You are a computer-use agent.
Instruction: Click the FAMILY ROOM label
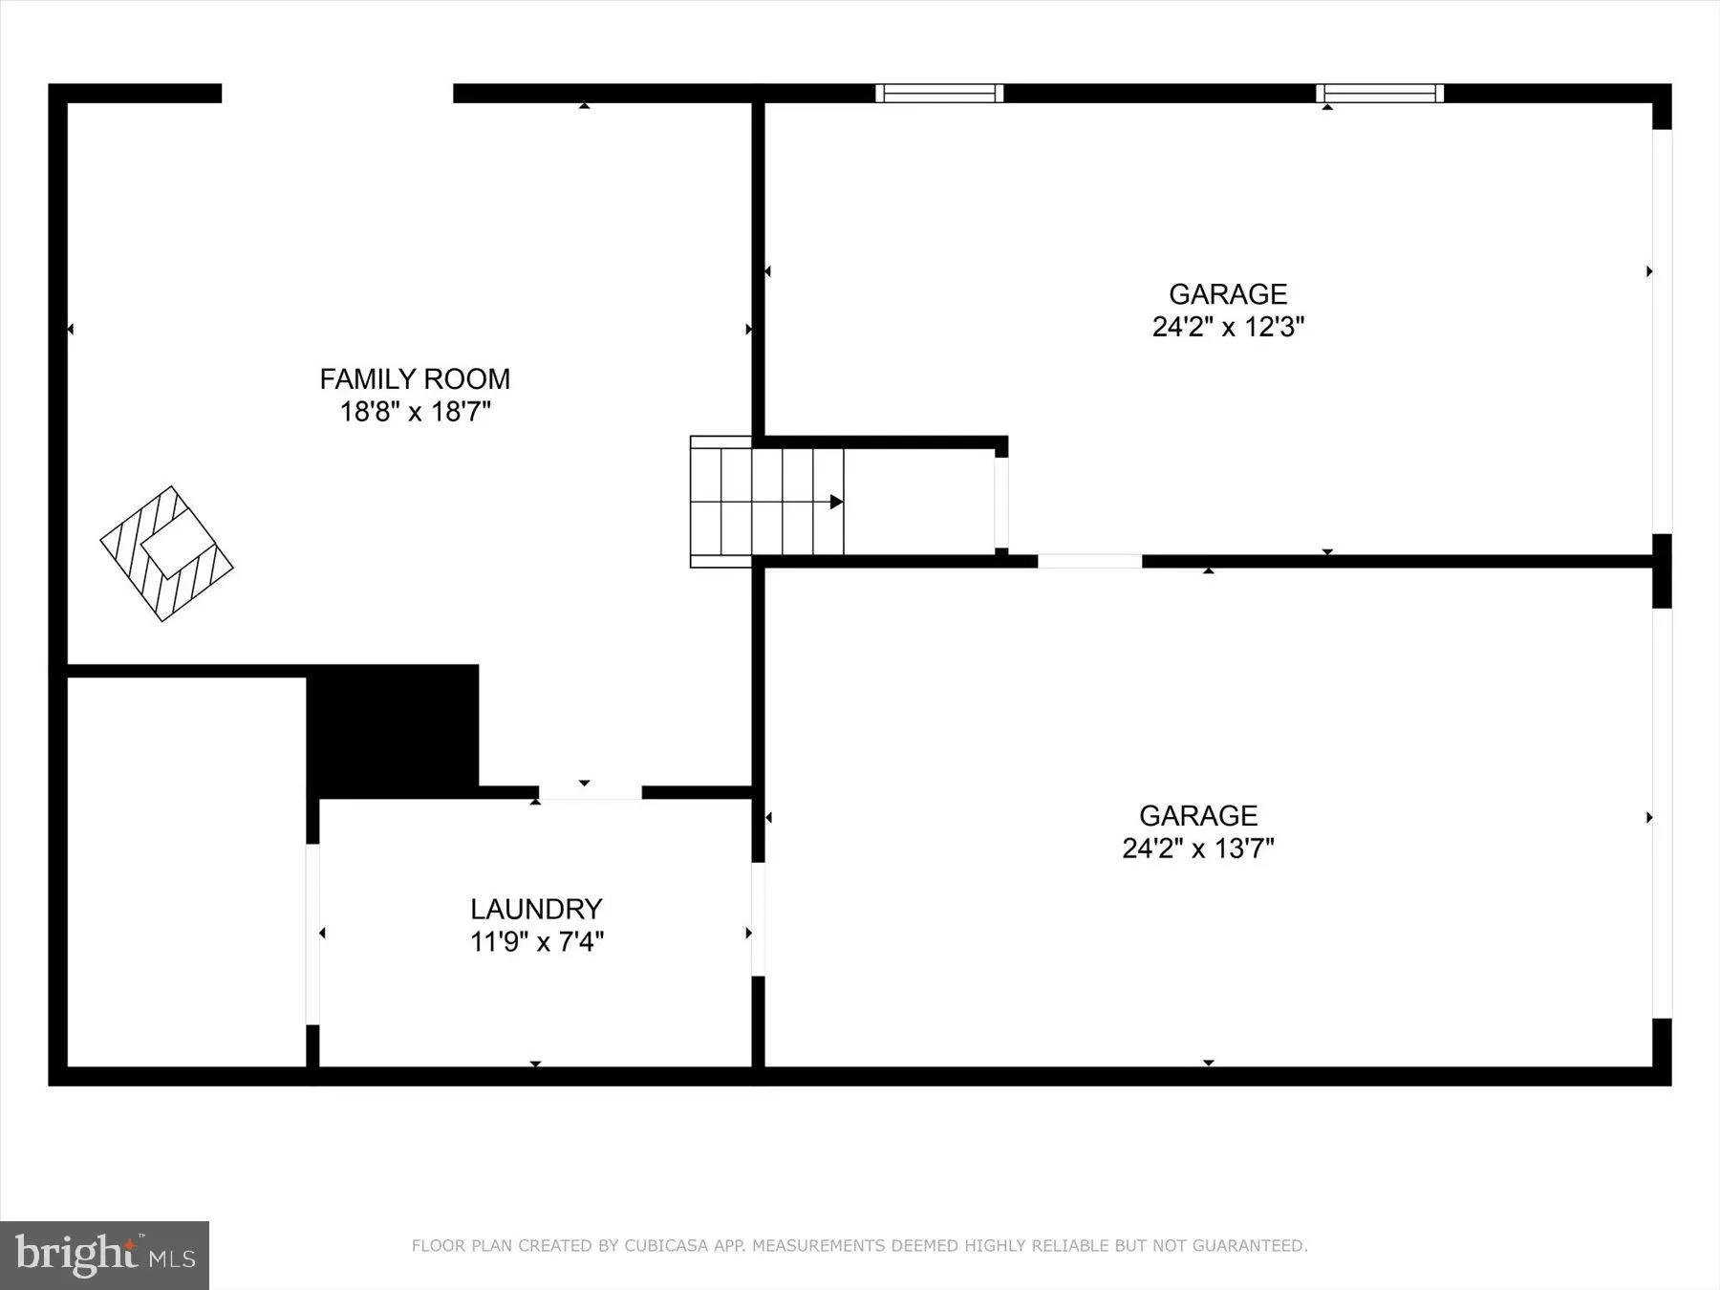[415, 379]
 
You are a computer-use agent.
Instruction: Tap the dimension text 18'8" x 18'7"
[415, 413]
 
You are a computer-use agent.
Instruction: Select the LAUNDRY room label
[536, 909]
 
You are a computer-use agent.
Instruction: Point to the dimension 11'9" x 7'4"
[536, 942]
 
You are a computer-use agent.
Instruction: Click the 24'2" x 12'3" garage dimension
[1228, 327]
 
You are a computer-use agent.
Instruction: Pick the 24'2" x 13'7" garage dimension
[1198, 849]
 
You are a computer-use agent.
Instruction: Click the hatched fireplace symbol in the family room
[167, 554]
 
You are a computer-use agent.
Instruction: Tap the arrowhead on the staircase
[836, 502]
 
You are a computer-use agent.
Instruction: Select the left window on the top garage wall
[939, 93]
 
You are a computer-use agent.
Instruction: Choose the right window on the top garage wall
[1380, 93]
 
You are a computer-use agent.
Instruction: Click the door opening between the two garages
[1089, 561]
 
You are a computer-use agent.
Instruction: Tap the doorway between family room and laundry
[590, 793]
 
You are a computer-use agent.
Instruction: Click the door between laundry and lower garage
[758, 919]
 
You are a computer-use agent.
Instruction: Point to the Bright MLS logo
[104, 1255]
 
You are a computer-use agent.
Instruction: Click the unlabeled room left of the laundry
[186, 871]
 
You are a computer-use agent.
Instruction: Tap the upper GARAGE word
[1228, 294]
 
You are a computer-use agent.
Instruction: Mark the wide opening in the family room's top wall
[336, 93]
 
